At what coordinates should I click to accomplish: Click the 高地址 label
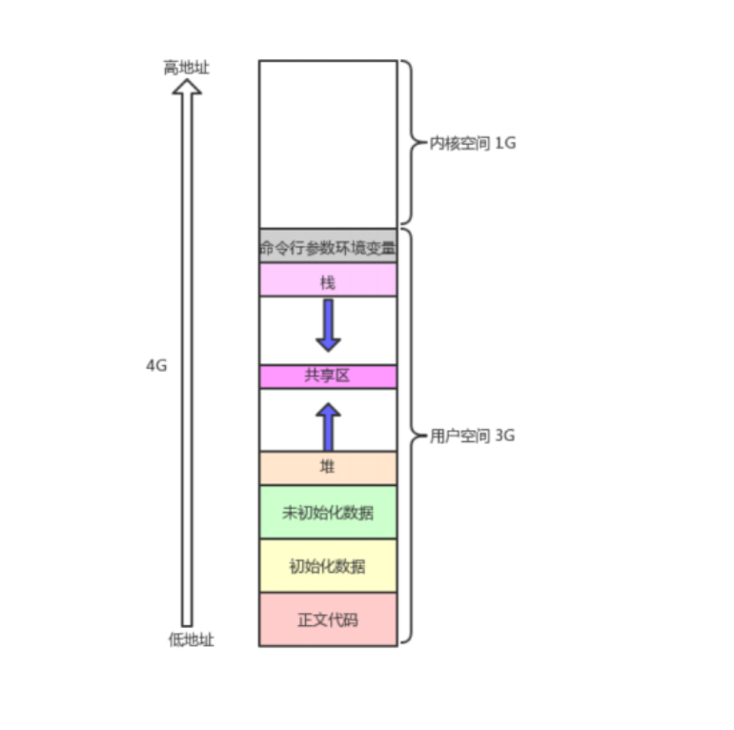click(x=186, y=68)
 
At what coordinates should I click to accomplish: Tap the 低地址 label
click(x=192, y=639)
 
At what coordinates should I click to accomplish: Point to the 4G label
click(x=156, y=365)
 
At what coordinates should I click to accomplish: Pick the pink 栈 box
click(x=328, y=281)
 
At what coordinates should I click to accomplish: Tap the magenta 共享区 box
click(x=328, y=375)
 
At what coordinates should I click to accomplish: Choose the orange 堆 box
click(x=328, y=467)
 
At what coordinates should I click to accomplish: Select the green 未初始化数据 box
click(x=328, y=513)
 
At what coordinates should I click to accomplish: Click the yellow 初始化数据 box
click(x=328, y=566)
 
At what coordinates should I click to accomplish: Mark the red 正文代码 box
click(x=328, y=619)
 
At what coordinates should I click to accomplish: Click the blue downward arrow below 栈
click(x=328, y=324)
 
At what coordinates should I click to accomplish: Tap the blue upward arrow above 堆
click(x=328, y=427)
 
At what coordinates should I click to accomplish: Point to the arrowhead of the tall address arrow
click(x=187, y=87)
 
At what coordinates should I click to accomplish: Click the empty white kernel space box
click(x=328, y=143)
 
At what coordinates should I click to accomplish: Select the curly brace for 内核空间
click(x=407, y=143)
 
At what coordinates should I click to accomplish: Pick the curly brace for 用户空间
click(x=408, y=436)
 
